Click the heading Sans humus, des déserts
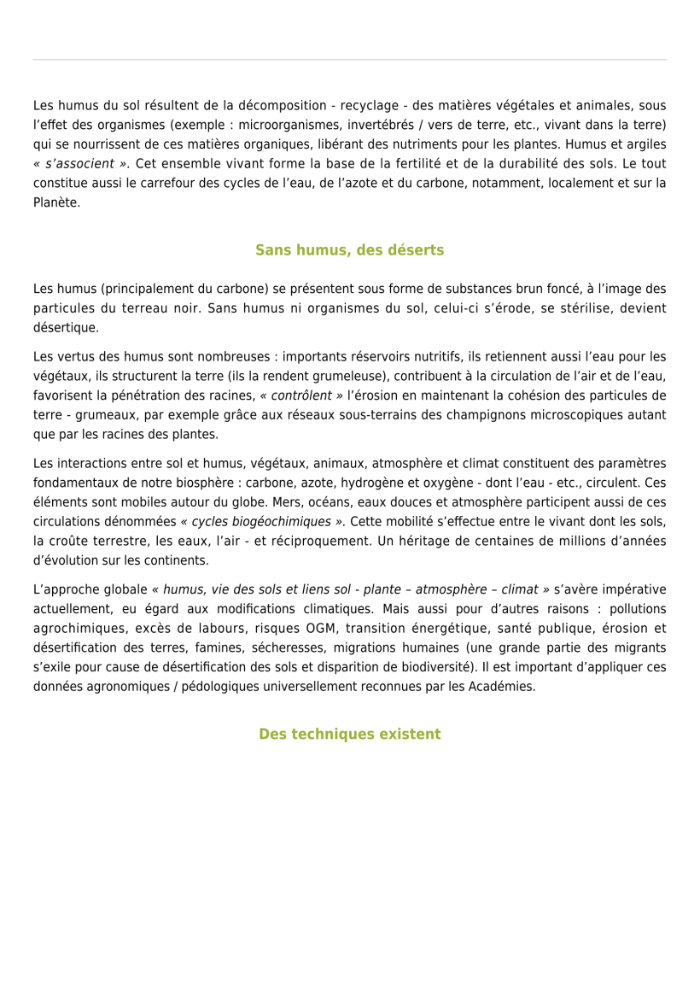coord(349,250)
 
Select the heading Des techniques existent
coord(349,734)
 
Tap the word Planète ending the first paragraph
coord(56,202)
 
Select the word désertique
coord(66,327)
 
